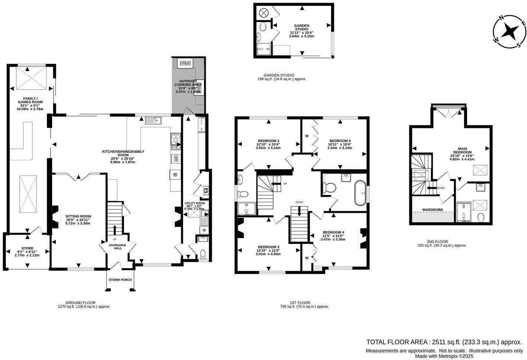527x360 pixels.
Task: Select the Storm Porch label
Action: (120, 280)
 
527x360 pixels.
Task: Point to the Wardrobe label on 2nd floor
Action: (432, 210)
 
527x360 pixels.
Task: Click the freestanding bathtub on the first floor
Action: (360, 193)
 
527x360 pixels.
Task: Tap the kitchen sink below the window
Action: (153, 120)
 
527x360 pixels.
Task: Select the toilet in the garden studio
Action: (263, 27)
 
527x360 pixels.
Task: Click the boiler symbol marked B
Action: (205, 191)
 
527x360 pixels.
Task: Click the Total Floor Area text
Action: (444, 342)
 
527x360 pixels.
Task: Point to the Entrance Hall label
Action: (117, 247)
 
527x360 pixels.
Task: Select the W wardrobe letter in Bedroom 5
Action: (307, 136)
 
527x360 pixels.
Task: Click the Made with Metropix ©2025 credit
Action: (444, 356)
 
